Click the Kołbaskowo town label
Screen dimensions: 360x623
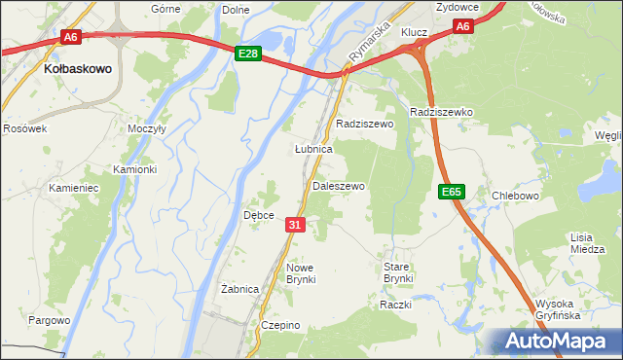click(78, 70)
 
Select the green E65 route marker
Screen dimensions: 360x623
click(450, 192)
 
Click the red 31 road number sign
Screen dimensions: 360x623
click(297, 225)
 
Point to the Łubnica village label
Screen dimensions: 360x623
click(313, 150)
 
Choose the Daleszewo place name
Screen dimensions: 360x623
click(338, 186)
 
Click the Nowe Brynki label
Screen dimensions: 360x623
click(300, 273)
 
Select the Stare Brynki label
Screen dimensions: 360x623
click(398, 272)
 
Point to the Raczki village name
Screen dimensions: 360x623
click(396, 306)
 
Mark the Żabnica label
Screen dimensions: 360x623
click(239, 289)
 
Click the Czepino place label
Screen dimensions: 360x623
click(279, 325)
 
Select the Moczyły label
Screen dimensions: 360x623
click(147, 128)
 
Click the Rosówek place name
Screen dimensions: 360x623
click(24, 128)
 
